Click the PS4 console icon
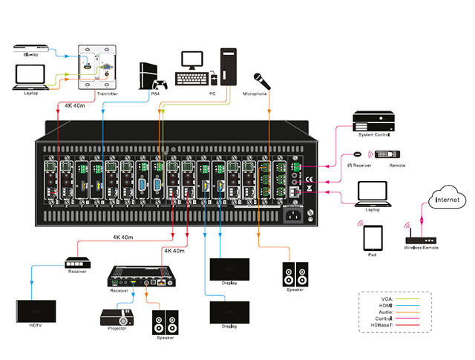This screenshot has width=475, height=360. pos(153,74)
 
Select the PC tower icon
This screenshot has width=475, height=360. pos(229,68)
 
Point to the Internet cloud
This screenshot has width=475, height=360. pos(448,200)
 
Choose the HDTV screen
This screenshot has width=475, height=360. pos(36,310)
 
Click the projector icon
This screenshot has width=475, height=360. pos(118,320)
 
